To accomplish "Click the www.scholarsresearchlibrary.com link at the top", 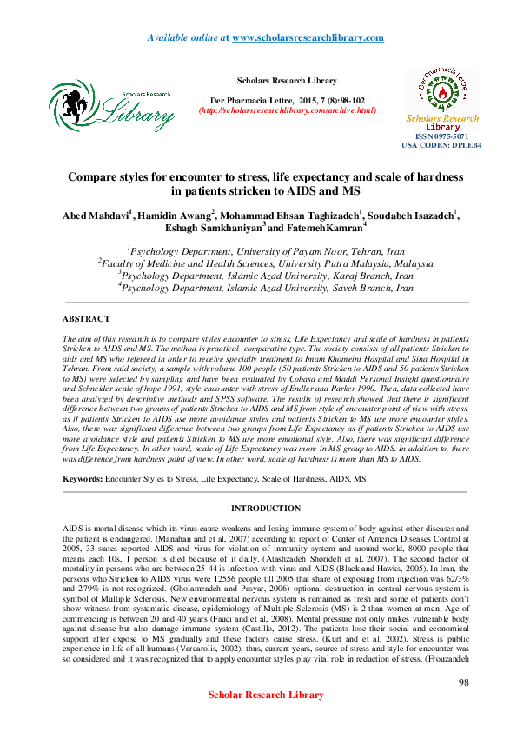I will [x=308, y=38].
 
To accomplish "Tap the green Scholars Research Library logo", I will [x=111, y=109].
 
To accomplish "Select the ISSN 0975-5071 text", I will [x=441, y=137].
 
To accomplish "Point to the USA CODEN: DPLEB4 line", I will [x=441, y=145].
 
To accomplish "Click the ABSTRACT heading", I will [x=87, y=320].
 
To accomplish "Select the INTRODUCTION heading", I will [x=265, y=509].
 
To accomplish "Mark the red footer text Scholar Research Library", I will [x=266, y=695].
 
